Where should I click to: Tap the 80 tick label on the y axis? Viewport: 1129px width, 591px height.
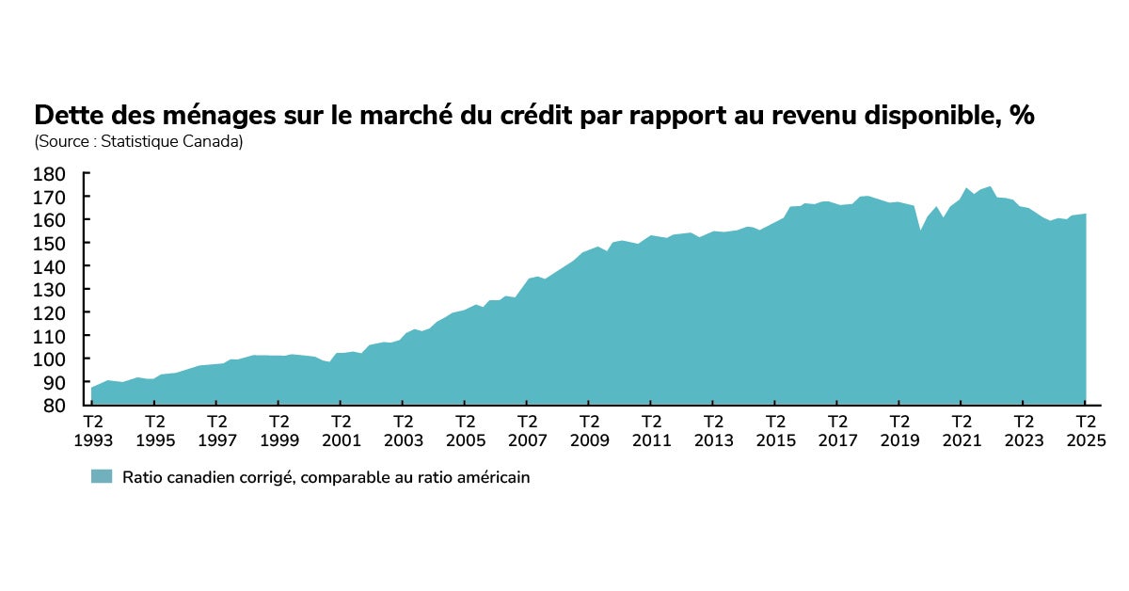[x=53, y=406]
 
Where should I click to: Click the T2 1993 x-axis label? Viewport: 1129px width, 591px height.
[x=93, y=431]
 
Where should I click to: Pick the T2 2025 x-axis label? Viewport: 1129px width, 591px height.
[x=1085, y=431]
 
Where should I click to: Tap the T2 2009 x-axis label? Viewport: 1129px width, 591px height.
[x=589, y=431]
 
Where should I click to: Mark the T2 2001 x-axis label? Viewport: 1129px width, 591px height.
[x=342, y=431]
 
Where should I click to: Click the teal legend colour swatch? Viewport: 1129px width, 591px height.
[x=102, y=477]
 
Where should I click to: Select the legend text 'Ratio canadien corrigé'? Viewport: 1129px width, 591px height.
[x=201, y=477]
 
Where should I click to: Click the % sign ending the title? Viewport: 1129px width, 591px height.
[x=1022, y=116]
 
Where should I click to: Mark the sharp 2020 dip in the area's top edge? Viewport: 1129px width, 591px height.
[x=921, y=231]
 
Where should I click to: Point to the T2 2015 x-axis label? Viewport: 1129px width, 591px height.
[x=775, y=431]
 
